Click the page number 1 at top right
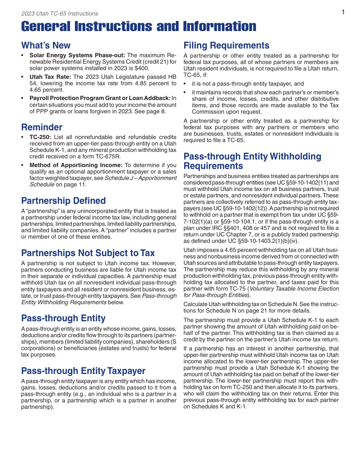pos(343,12)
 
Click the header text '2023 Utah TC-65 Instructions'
pos(59,14)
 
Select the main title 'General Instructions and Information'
pos(139,27)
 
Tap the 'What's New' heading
pos(46,45)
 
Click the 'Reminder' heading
pos(42,127)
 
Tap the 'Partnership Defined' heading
pos(63,201)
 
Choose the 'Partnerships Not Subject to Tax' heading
pos(88,253)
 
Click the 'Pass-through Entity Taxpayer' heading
pos(83,371)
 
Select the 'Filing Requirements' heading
pos(226,45)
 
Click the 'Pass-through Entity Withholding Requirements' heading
pos(252,161)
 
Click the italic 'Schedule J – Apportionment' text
pos(141,178)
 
